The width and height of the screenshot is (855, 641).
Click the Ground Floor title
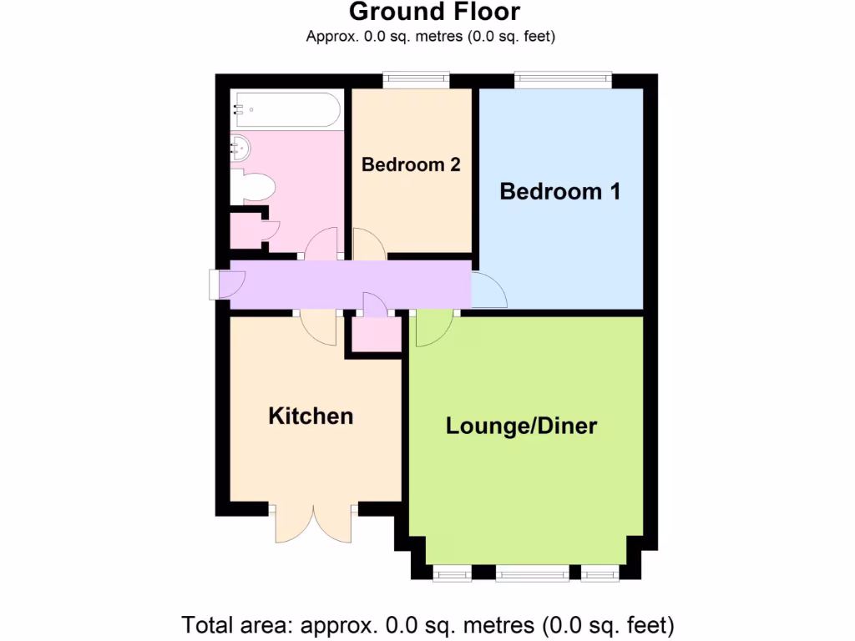(434, 13)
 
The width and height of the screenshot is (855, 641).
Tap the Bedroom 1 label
(559, 192)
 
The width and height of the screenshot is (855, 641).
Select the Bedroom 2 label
(411, 164)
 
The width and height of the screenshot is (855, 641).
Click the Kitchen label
(311, 416)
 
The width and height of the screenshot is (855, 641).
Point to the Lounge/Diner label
(521, 426)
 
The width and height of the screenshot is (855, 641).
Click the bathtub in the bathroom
(286, 110)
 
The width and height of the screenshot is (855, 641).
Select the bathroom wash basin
(240, 149)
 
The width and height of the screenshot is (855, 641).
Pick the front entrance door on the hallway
(225, 284)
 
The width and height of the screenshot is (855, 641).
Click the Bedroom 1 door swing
(488, 290)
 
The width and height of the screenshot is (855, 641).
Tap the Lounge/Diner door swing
(432, 327)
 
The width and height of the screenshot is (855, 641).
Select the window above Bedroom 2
(416, 80)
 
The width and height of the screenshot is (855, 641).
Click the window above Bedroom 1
(563, 80)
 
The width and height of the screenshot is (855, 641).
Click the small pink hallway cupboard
(375, 335)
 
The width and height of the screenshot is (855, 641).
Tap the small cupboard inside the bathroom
(245, 231)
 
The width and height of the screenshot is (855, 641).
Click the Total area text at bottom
(427, 624)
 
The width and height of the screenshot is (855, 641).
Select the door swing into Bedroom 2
(367, 244)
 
